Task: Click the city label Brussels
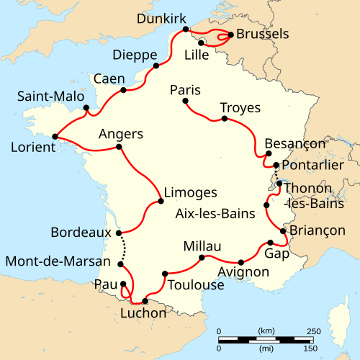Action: pos(263,34)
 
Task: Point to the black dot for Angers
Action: pos(118,147)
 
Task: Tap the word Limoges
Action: pos(190,192)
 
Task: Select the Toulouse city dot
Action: pos(166,273)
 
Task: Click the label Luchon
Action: pos(143,313)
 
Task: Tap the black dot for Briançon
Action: pos(283,231)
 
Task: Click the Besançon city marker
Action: pos(268,153)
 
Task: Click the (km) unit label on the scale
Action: pos(265,330)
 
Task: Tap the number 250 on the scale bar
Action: pos(314,330)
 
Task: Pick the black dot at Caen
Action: pos(124,90)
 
